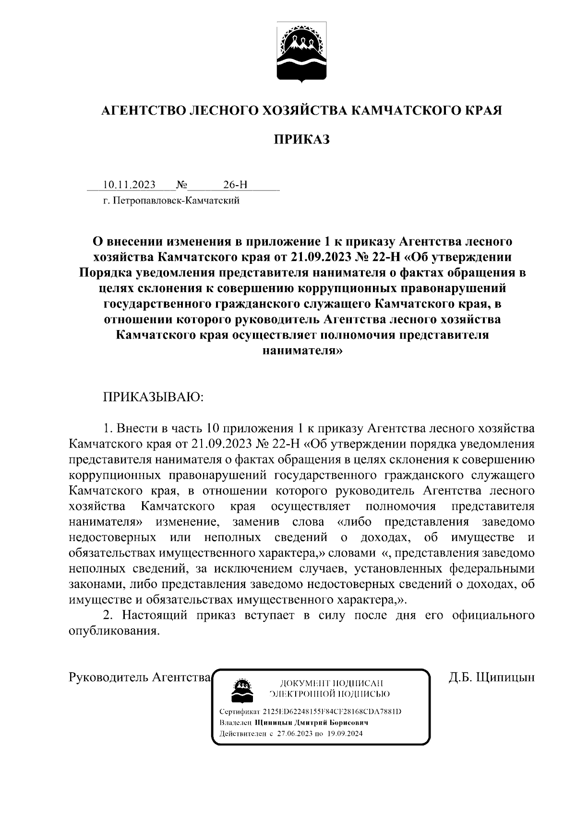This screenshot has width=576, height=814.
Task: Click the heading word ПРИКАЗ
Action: coord(302,140)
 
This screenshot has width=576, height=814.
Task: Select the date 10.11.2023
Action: coord(129,185)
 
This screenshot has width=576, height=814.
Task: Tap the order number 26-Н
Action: coord(235,185)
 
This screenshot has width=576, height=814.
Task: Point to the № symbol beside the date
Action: coord(182,185)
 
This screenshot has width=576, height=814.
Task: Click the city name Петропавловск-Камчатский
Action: coord(176,201)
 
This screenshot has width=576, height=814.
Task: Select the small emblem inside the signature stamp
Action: coord(240,690)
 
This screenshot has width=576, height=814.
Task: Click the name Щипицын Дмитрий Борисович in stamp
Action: coord(312,722)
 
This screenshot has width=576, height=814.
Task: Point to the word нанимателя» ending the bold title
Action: coord(302,351)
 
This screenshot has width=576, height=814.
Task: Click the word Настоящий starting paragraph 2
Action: coord(153,615)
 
